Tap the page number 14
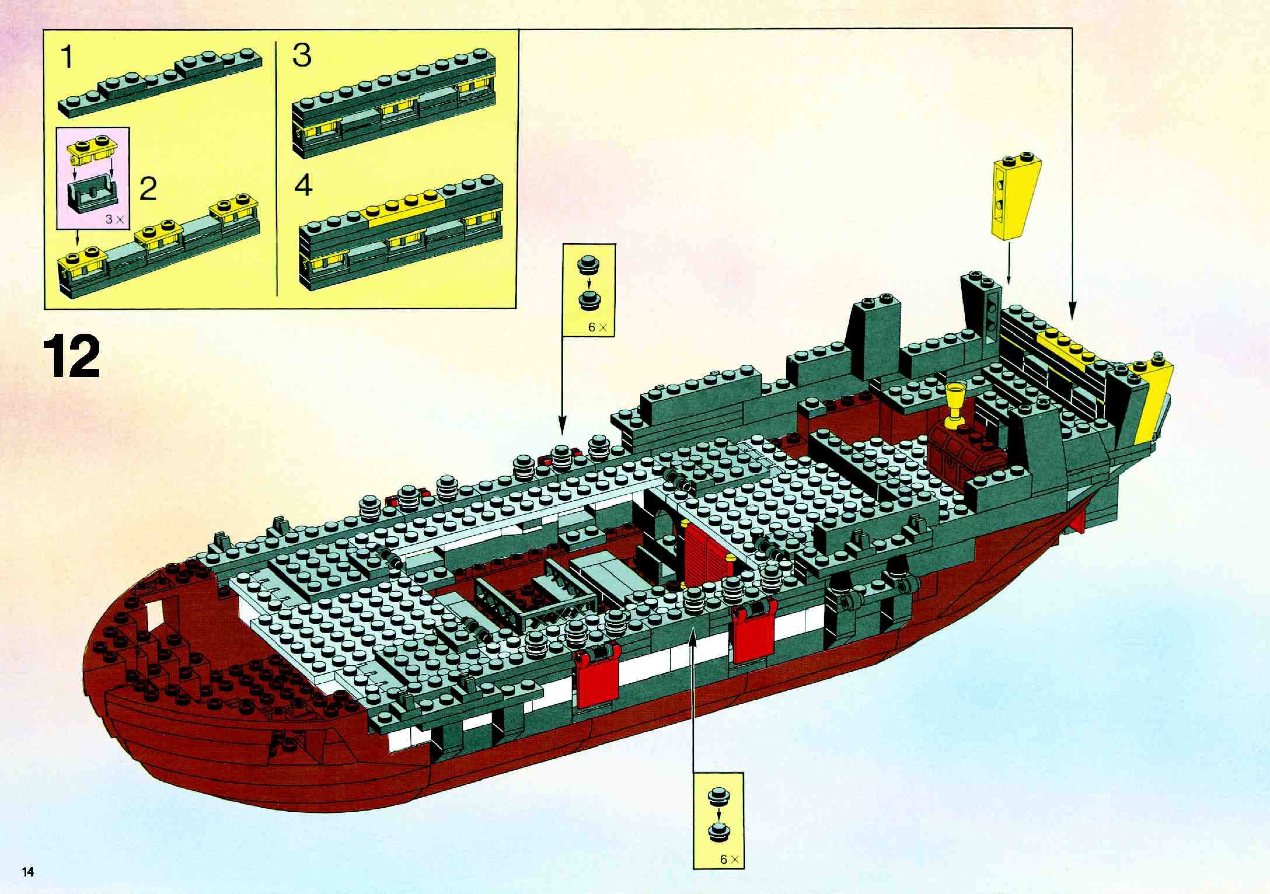click(28, 872)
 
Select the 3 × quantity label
click(116, 219)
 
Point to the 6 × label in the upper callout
click(597, 327)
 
